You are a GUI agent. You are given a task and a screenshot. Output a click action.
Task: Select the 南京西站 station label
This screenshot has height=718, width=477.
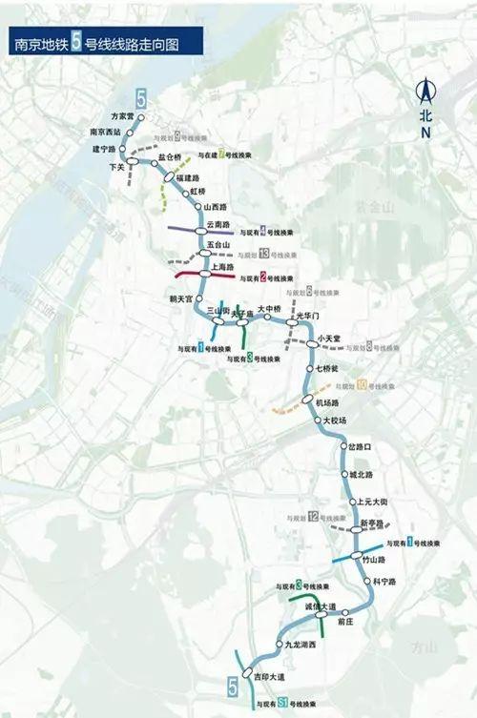click(106, 132)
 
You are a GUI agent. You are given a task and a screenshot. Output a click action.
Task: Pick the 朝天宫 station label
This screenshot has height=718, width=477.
click(181, 298)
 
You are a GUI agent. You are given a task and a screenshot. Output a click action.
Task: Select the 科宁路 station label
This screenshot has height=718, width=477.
click(384, 581)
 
